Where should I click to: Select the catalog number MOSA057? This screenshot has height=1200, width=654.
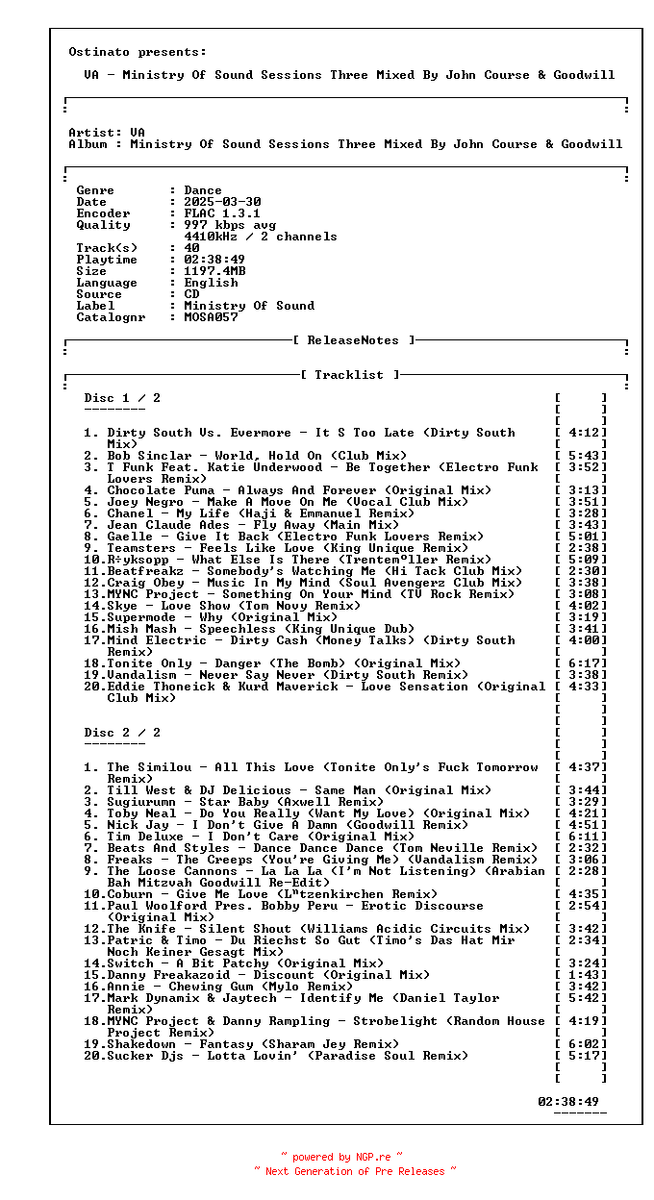pos(211,317)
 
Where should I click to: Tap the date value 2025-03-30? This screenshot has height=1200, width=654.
pos(222,202)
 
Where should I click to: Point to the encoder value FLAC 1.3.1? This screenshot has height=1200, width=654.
pos(222,213)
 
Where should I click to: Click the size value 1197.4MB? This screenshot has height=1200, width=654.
pos(214,271)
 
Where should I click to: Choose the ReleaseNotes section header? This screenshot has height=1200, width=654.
pos(353,340)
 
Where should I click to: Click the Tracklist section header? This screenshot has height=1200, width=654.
pos(349,375)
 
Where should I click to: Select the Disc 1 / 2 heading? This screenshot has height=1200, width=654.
pos(122,398)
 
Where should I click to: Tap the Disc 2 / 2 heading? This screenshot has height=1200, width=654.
pos(122,733)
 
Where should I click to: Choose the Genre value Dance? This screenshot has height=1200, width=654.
pos(203,190)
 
